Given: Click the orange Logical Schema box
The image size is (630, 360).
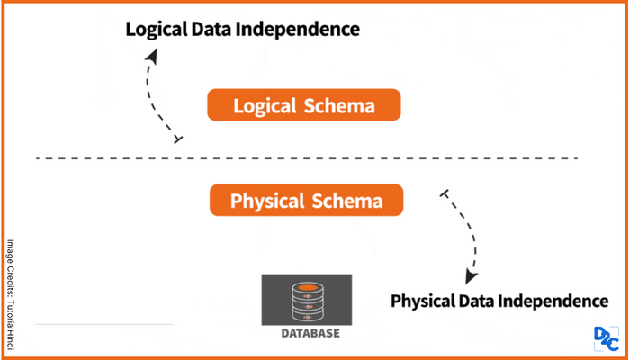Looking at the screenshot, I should click(303, 106).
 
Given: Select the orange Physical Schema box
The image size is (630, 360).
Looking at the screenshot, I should click(306, 201).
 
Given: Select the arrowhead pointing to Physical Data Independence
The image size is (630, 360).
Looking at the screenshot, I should click(470, 277).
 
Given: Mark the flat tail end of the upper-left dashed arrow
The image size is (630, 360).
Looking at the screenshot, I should click(178, 139).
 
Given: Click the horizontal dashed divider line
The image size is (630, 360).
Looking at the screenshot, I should click(306, 159).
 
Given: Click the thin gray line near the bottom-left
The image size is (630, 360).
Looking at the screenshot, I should click(103, 323).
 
